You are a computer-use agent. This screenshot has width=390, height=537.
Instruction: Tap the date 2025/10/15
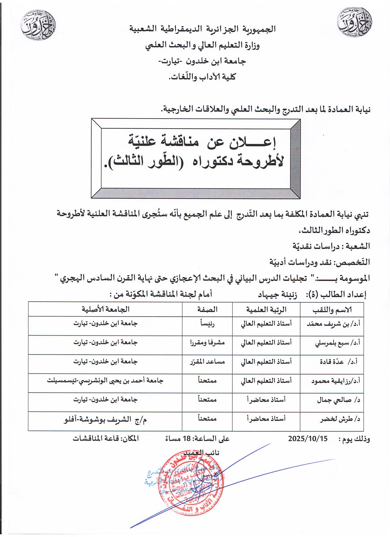pos(307,439)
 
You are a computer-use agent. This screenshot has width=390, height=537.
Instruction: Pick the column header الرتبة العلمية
pos(266,310)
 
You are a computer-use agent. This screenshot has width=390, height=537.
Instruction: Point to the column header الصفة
pos(208,310)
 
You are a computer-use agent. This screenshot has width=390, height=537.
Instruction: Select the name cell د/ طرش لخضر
pos(342,420)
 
